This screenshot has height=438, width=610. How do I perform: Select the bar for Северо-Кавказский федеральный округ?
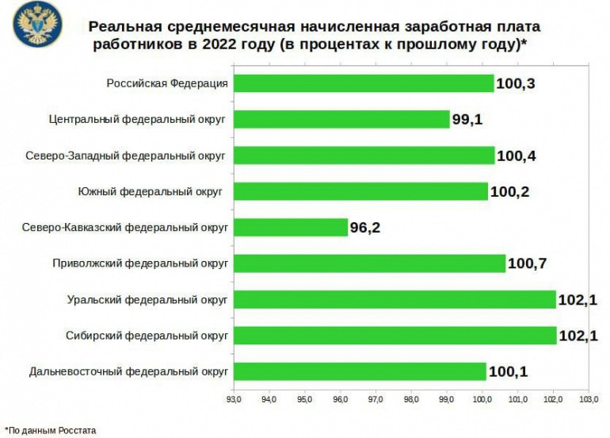(x=291, y=227)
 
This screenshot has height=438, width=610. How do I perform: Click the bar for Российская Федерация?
(x=364, y=83)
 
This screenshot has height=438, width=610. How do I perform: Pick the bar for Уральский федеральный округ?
(x=395, y=299)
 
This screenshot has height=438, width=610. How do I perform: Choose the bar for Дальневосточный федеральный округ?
(x=360, y=371)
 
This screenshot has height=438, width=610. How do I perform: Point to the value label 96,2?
(x=367, y=228)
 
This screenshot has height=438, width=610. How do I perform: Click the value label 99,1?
(x=467, y=120)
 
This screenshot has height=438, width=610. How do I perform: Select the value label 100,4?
(x=517, y=156)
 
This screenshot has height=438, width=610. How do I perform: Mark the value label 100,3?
(x=515, y=83)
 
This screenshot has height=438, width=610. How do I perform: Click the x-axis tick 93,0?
(x=234, y=400)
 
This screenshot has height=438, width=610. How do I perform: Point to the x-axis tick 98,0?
(x=412, y=400)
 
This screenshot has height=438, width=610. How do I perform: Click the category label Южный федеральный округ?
(x=149, y=191)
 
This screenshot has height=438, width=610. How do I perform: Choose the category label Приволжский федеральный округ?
(x=140, y=263)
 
